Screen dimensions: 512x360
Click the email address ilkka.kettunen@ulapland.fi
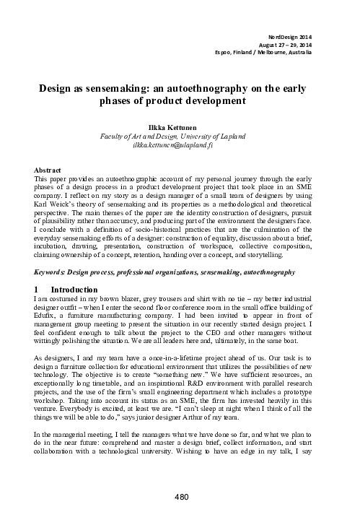tap(180, 144)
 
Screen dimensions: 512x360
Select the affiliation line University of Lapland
tap(180, 134)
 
